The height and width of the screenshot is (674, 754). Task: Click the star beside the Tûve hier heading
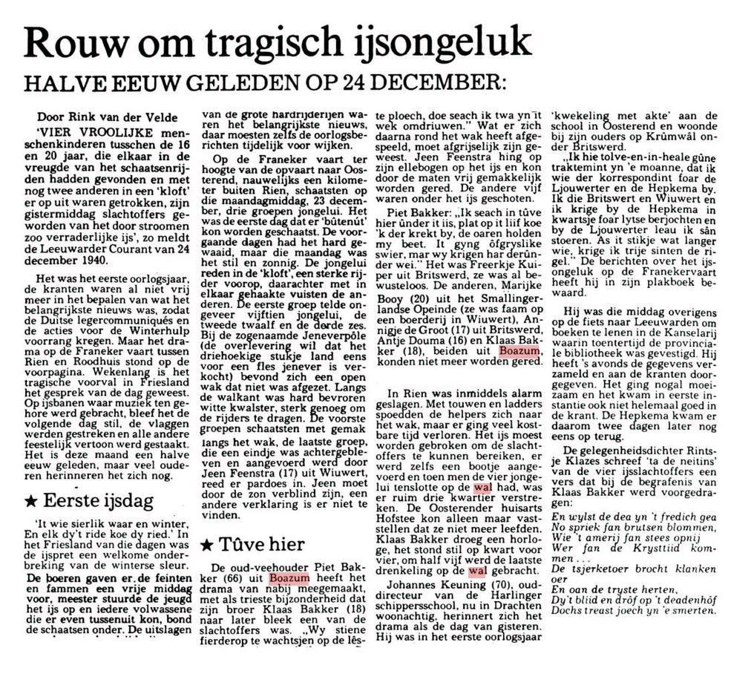207,545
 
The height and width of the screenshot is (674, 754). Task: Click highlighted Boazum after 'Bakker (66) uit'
289,578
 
